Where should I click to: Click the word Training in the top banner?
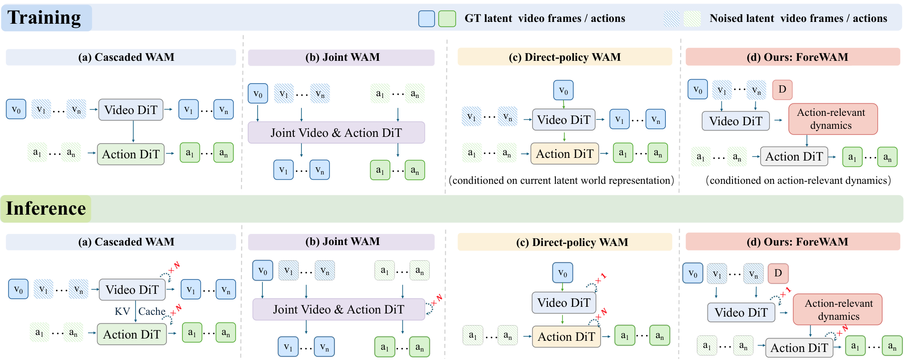(44, 17)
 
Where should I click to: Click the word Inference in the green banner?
(46, 208)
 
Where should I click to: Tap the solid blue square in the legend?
(426, 18)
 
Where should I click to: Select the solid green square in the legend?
(447, 18)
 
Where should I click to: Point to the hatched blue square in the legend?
(672, 18)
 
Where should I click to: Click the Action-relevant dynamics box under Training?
(833, 119)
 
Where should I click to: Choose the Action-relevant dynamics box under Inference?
(838, 309)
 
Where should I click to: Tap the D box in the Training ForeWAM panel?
(782, 89)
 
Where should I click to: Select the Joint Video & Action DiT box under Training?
(336, 132)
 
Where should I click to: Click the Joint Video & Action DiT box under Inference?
(339, 309)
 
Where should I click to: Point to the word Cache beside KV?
(152, 311)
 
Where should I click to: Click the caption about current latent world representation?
(562, 181)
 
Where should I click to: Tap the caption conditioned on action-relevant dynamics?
(798, 181)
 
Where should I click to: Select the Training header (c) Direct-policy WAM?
(565, 57)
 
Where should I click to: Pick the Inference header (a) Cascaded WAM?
(126, 242)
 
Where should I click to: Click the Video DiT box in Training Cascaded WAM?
(131, 110)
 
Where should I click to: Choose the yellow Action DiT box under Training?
(565, 154)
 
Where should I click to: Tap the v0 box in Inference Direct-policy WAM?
(563, 273)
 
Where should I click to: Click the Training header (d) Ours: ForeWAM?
(793, 57)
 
